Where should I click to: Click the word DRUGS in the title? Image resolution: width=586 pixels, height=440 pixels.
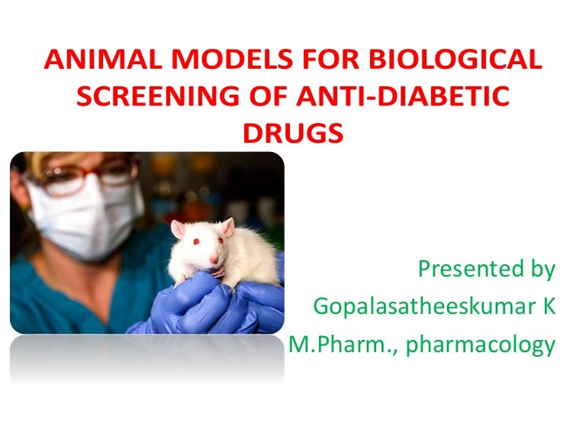(292, 132)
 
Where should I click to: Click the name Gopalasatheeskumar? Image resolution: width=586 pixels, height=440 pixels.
(423, 307)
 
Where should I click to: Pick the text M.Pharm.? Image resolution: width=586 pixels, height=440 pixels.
(341, 345)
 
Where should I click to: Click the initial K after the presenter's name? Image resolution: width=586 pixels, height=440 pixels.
(548, 307)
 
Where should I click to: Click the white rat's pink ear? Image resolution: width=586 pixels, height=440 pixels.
(178, 227)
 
